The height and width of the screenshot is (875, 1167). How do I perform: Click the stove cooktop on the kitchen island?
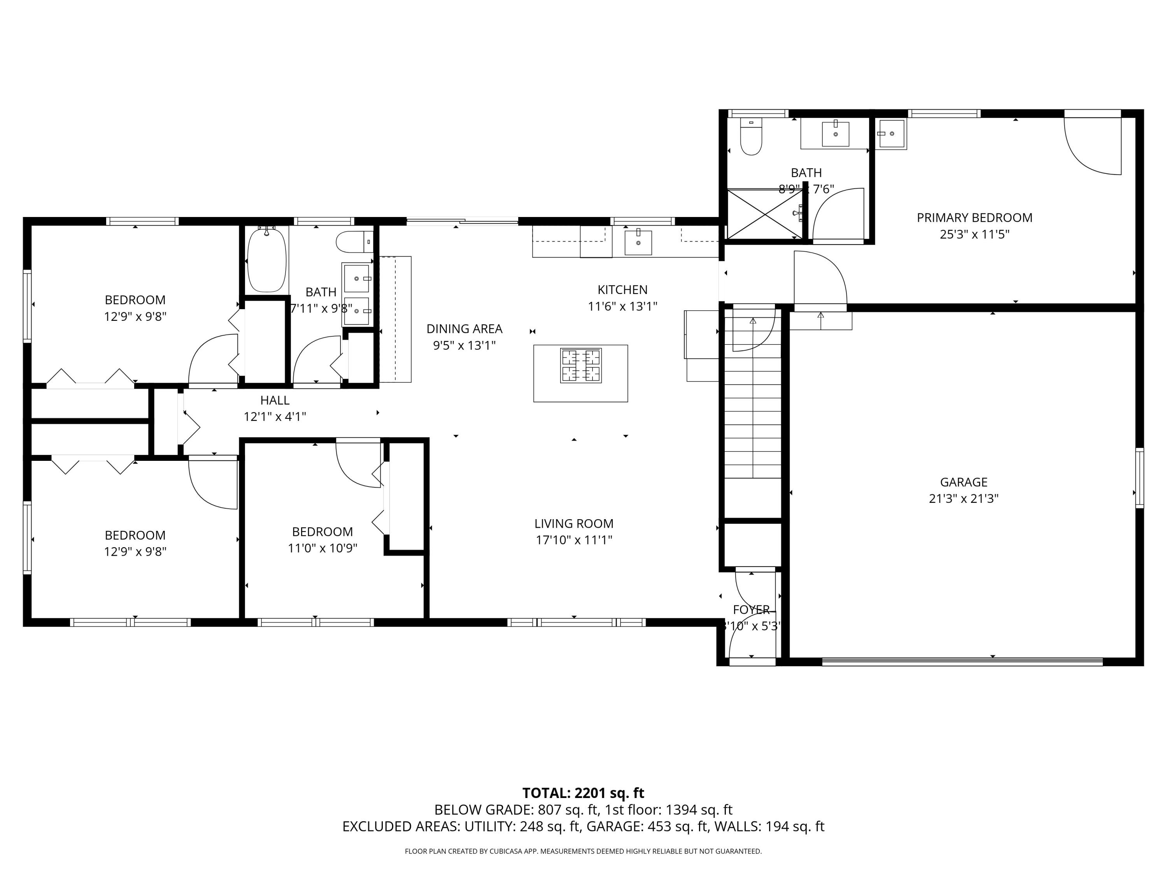click(x=580, y=366)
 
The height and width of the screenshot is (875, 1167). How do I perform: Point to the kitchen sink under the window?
click(x=638, y=243)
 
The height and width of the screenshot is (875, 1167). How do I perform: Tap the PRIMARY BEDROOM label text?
click(x=974, y=217)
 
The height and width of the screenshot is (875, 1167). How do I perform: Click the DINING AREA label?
click(x=464, y=329)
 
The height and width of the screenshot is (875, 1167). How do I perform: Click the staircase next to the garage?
click(x=752, y=416)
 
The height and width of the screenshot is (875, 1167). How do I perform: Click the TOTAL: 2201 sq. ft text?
click(x=583, y=793)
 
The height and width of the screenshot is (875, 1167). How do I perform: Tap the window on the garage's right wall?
click(x=1139, y=478)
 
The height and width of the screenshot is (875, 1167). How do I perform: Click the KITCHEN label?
click(x=622, y=290)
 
